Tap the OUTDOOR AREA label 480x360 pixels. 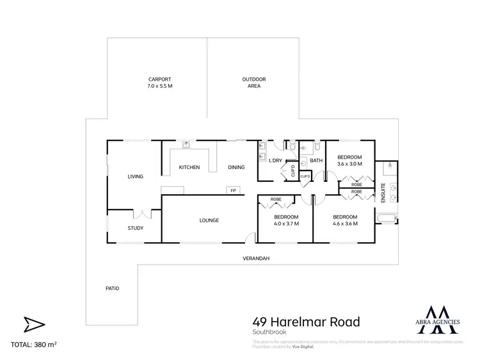click(253, 79)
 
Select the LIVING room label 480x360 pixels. click(135, 177)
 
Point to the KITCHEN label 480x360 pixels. click(189, 168)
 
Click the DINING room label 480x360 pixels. click(236, 168)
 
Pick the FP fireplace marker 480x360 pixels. click(233, 190)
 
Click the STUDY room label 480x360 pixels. click(135, 228)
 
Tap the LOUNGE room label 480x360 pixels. click(209, 220)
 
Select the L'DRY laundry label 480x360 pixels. click(276, 160)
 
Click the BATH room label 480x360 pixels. click(316, 160)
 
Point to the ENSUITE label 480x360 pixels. click(383, 193)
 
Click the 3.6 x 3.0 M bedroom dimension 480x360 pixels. click(349, 164)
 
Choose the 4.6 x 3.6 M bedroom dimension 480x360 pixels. click(344, 224)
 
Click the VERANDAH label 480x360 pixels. click(255, 259)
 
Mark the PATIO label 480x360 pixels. click(112, 288)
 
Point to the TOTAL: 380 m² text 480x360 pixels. click(34, 345)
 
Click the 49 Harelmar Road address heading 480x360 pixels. click(307, 322)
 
